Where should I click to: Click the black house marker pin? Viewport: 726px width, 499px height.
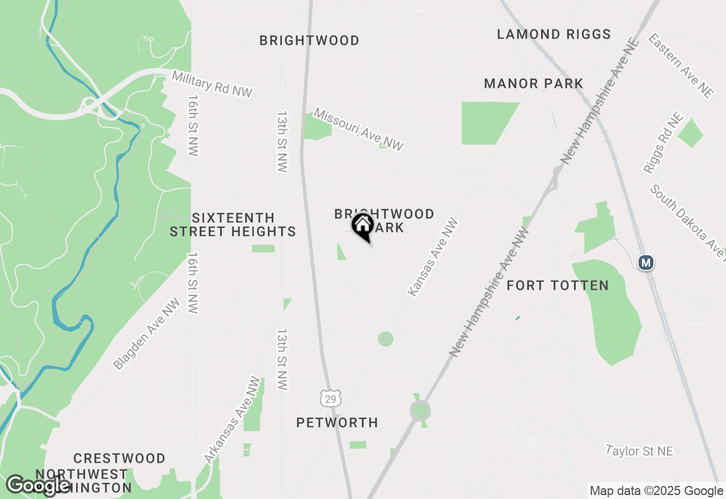coord(362,227)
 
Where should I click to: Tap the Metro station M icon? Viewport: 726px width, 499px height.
coord(645,263)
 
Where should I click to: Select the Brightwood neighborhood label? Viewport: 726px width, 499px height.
coord(309,41)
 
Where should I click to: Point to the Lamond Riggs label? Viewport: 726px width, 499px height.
coord(554,35)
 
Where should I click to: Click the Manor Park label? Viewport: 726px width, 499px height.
coord(533,84)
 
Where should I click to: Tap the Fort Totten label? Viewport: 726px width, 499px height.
coord(557,285)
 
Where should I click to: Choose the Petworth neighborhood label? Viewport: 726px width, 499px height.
coord(337,422)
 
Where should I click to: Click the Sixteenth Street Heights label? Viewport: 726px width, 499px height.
coord(233,225)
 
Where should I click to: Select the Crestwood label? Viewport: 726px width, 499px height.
coord(119,458)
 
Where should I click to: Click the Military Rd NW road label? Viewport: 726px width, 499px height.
coord(212,84)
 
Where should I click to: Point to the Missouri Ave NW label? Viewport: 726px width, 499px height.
coord(358,130)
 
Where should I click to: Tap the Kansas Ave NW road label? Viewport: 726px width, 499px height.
coord(433,257)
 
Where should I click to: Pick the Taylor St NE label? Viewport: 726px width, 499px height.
coord(639,451)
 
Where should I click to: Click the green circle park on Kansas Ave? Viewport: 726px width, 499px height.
coord(385,339)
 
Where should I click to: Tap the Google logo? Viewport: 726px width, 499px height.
coord(38,485)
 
